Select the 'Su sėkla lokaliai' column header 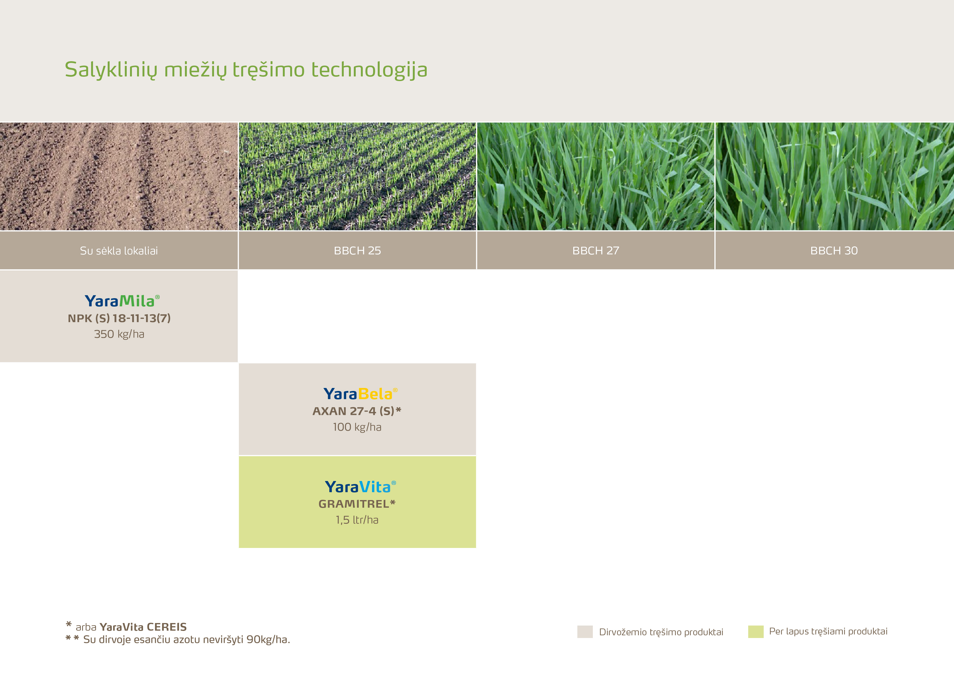tap(119, 251)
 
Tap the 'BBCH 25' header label tap(357, 251)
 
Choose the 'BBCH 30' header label tap(834, 251)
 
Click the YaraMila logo tap(122, 301)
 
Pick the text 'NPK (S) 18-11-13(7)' tap(119, 318)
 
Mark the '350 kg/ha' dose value tap(119, 334)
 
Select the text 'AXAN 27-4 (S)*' tap(357, 411)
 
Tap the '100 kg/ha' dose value tap(357, 427)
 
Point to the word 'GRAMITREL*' tap(357, 504)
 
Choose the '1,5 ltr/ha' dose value tap(357, 520)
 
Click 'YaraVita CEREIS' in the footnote tap(143, 627)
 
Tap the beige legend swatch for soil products tap(585, 632)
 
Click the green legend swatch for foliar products tap(756, 632)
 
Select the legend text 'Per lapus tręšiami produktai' tap(828, 632)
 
